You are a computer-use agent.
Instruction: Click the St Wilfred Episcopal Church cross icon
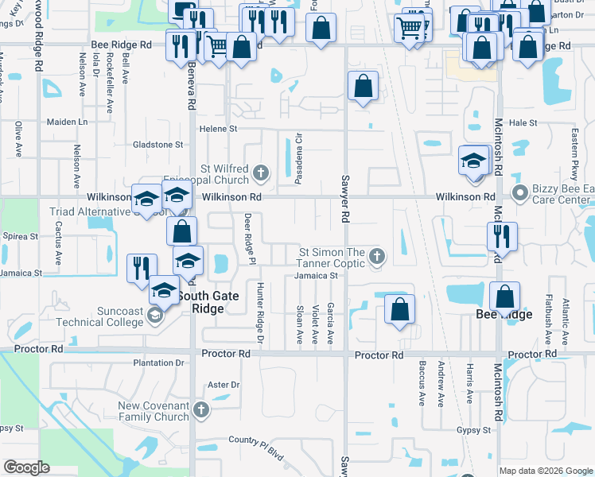tap(260, 172)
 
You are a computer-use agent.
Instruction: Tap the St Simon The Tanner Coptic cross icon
tap(378, 256)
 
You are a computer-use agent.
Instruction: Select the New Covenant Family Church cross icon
tap(201, 410)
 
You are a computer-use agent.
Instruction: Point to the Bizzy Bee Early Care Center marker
tap(521, 192)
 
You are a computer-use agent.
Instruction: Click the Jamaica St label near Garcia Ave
tap(317, 276)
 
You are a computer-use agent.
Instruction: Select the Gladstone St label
tap(157, 145)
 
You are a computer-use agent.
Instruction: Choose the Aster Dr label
tap(223, 385)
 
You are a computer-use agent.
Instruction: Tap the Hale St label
tap(523, 123)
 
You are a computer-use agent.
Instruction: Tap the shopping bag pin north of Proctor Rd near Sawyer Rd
tap(399, 309)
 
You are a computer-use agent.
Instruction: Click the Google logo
tap(27, 467)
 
